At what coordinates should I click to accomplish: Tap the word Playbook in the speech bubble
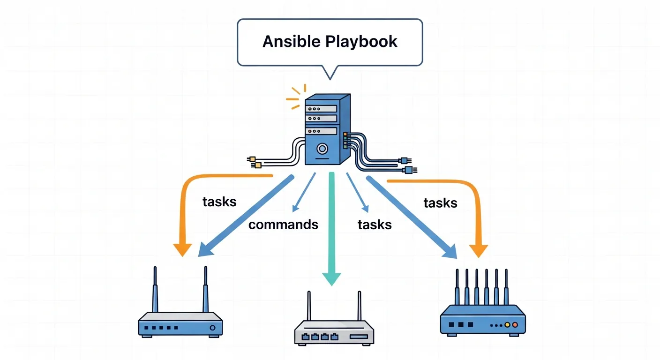click(x=361, y=42)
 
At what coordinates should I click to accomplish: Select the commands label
click(x=283, y=225)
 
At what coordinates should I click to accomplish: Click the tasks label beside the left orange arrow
click(x=219, y=202)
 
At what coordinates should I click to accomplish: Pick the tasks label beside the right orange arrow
click(x=440, y=203)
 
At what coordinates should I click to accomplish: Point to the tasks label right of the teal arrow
click(x=375, y=225)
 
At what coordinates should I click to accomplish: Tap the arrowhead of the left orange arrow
click(x=182, y=249)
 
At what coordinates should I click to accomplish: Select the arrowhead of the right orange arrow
click(x=479, y=251)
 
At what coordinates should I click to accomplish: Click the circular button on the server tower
click(x=322, y=149)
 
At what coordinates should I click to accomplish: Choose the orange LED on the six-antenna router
click(x=515, y=324)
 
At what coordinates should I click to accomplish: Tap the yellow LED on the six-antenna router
click(x=507, y=324)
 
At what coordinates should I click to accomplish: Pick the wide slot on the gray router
click(x=359, y=337)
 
